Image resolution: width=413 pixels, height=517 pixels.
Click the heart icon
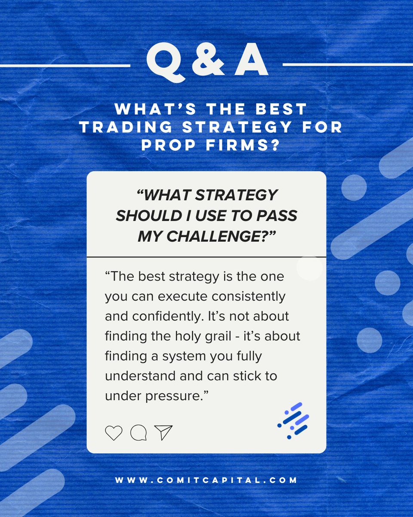click(114, 432)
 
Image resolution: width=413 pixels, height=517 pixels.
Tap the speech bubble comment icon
click(138, 432)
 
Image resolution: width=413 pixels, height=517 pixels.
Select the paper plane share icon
click(163, 432)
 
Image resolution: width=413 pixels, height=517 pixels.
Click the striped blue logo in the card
click(293, 420)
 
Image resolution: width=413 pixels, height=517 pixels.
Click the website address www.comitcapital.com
click(206, 480)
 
